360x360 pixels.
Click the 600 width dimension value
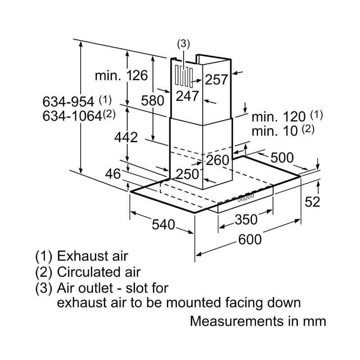coord(250,239)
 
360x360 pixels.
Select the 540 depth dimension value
coord(163,224)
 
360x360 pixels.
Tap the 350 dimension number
coord(246,220)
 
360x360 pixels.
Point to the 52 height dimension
coord(312,202)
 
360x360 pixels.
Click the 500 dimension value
coord(282,158)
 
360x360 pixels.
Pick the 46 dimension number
coord(113,174)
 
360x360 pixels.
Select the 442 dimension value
coord(126,137)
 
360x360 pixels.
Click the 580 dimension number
coord(153,100)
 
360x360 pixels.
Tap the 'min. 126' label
coord(121,75)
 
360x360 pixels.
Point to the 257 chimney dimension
coord(216,80)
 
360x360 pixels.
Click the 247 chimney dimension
coord(187,96)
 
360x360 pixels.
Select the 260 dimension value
coord(218,160)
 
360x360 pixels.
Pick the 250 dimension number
coord(187,174)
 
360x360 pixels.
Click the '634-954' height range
coord(68,101)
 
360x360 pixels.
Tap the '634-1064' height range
coord(72,116)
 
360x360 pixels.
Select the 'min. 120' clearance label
coord(279,117)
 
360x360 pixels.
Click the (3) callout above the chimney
coord(184,44)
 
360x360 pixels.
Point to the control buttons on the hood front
coord(246,198)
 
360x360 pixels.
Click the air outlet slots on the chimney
coord(184,76)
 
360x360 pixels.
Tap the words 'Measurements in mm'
coord(258,321)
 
